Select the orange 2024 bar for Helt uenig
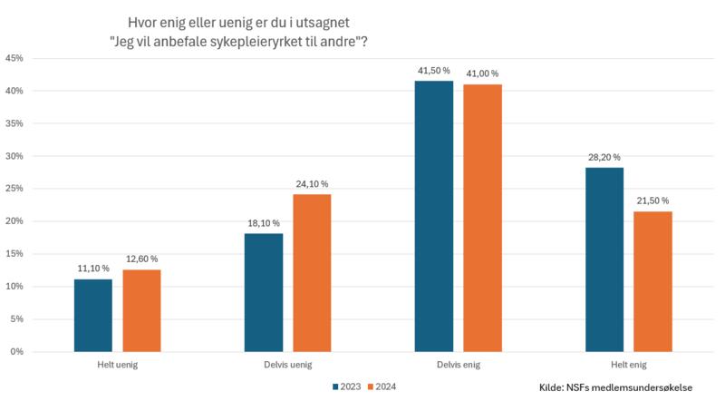pos(141,310)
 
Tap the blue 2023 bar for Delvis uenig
pos(264,292)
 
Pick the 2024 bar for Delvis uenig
pos(312,272)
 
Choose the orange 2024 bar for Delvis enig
pos(482,218)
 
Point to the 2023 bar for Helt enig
pos(604,259)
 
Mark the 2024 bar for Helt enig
pos(652,281)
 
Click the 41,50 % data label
pos(434,71)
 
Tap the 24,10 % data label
pos(312,184)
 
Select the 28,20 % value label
pos(604,157)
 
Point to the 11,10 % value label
pos(92,269)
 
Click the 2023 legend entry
pos(347,386)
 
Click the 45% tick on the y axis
pos(14,58)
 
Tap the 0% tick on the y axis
pos(17,352)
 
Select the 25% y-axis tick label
pos(14,189)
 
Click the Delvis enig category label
pos(458,366)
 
